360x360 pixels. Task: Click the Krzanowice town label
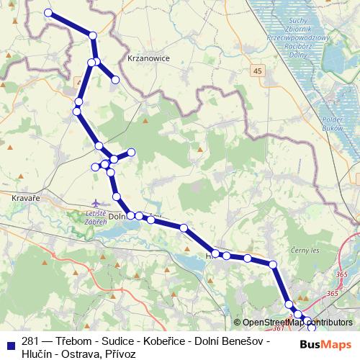pyautogui.click(x=147, y=59)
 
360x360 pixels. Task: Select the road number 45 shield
pyautogui.click(x=258, y=71)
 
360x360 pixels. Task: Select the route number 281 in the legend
pyautogui.click(x=30, y=340)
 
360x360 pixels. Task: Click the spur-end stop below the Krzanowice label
pyautogui.click(x=115, y=79)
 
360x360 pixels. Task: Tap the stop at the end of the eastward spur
pyautogui.click(x=132, y=152)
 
